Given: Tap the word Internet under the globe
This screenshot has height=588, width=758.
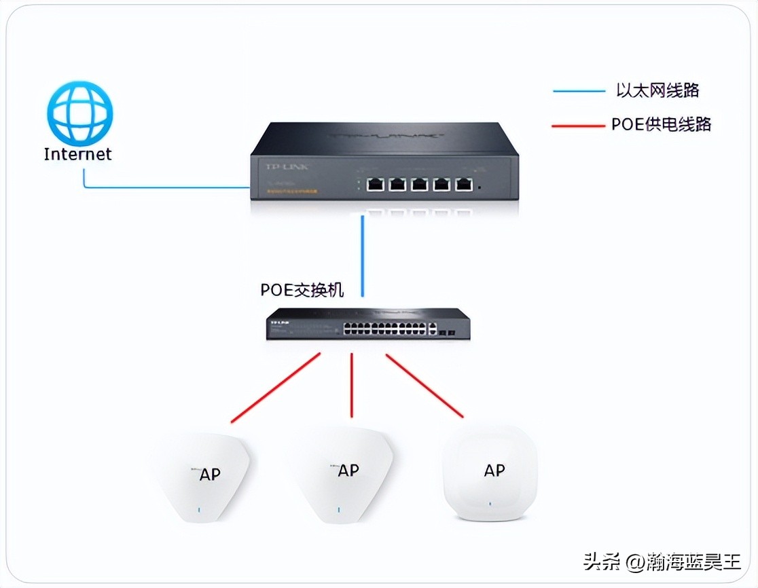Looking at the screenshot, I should [77, 154].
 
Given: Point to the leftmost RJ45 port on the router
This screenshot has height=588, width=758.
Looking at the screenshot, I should [374, 184].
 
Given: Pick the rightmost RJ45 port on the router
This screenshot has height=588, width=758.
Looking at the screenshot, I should [464, 184].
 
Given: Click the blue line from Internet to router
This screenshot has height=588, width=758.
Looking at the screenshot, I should [163, 187].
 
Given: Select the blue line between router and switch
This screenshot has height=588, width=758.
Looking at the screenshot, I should [363, 255].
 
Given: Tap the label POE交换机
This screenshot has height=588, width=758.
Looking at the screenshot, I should [302, 290].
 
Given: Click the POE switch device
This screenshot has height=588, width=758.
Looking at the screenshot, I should [367, 324].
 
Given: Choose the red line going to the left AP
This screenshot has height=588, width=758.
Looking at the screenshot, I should [275, 388].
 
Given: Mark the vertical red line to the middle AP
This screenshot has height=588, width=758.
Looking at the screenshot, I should [352, 385].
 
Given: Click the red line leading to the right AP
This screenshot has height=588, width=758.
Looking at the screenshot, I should [425, 385].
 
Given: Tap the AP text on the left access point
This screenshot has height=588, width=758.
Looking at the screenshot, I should [210, 474].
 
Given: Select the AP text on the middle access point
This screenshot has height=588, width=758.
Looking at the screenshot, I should [348, 471].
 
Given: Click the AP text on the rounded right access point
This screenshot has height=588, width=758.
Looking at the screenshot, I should [494, 470].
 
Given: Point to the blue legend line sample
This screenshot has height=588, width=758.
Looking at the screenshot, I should [578, 90].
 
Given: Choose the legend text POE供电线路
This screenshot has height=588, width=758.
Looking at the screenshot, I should [661, 124].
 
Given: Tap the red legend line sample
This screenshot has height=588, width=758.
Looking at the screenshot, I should [578, 126].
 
